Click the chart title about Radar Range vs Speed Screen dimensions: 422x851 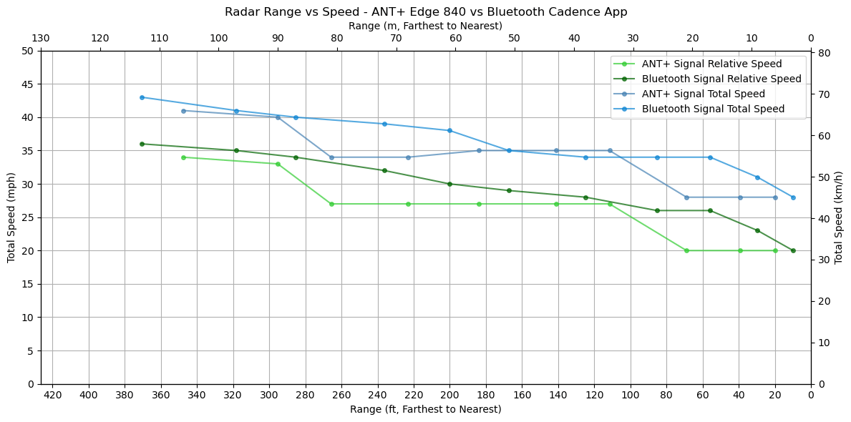(425, 11)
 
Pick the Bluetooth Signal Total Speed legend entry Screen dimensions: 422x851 (713, 109)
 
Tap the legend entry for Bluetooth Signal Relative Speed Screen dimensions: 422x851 (721, 79)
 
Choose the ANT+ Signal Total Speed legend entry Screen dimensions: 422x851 (703, 94)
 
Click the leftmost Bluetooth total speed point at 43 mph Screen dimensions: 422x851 (142, 97)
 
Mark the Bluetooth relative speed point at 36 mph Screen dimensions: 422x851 (142, 144)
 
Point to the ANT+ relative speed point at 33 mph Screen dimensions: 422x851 (278, 164)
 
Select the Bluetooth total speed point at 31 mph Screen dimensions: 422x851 (757, 177)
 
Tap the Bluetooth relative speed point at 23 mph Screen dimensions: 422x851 (757, 230)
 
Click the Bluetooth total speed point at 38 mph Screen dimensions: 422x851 (449, 130)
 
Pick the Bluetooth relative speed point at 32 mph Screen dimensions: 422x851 (384, 170)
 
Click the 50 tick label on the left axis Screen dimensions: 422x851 (27, 51)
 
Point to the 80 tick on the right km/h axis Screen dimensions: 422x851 (824, 54)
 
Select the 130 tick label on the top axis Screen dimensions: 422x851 (41, 39)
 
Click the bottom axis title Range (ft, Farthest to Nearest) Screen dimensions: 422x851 (425, 410)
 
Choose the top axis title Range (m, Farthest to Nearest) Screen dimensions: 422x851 (425, 26)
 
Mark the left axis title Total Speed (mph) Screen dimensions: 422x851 (11, 217)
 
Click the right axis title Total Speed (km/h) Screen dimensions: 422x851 (839, 217)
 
